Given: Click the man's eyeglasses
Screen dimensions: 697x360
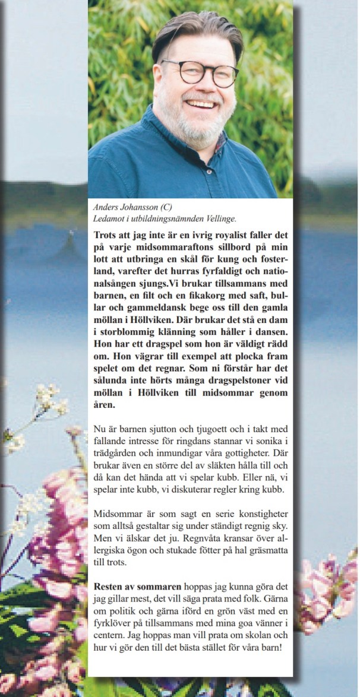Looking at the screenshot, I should tap(200, 72).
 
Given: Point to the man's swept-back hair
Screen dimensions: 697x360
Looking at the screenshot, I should tap(196, 30).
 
